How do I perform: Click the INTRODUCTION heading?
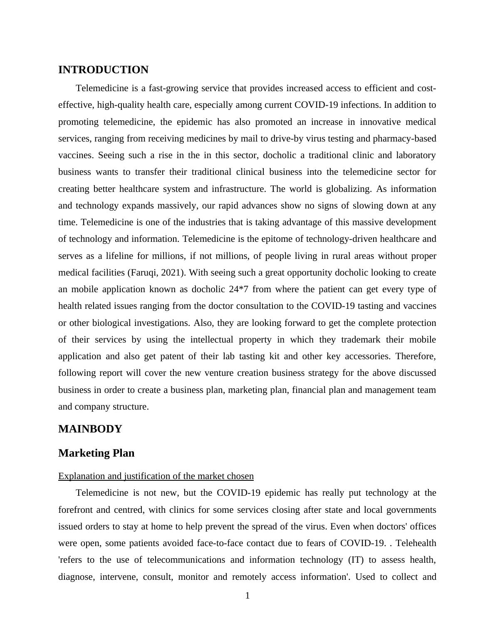[103, 70]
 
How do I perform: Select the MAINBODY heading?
[90, 429]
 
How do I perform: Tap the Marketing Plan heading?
[96, 453]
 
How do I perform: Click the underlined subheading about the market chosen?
[156, 476]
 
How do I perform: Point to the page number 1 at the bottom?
[247, 596]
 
